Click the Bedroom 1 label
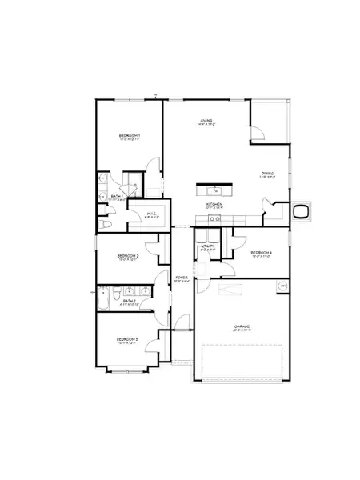click(x=130, y=136)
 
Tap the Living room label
click(x=206, y=121)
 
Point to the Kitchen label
click(x=214, y=205)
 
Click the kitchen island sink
click(x=215, y=190)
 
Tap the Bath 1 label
click(x=117, y=196)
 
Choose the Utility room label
click(x=206, y=246)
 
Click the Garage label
click(x=242, y=326)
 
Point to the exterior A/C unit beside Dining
click(x=302, y=211)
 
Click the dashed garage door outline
click(x=242, y=362)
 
